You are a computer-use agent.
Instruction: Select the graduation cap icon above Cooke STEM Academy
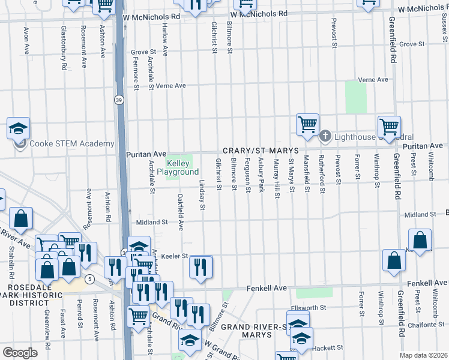(x=19, y=128)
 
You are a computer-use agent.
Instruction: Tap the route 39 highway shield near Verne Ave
(x=120, y=100)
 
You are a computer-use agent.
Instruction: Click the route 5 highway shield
(x=89, y=279)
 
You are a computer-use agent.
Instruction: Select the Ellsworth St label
(x=309, y=308)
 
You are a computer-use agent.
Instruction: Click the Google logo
(x=19, y=352)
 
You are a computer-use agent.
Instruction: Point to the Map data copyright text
(x=424, y=355)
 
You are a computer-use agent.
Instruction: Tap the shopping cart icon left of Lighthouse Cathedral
(x=307, y=125)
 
